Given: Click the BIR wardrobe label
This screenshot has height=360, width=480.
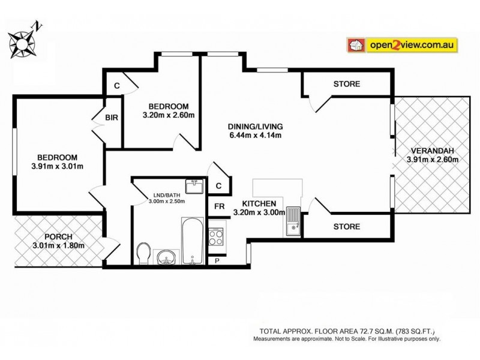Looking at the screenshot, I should pyautogui.click(x=112, y=118).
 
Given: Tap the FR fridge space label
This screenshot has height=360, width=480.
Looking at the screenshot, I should pyautogui.click(x=220, y=207).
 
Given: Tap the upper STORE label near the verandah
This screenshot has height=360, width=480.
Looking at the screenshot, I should pyautogui.click(x=347, y=84).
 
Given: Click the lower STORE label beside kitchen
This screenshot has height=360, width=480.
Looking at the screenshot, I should pyautogui.click(x=347, y=227).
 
